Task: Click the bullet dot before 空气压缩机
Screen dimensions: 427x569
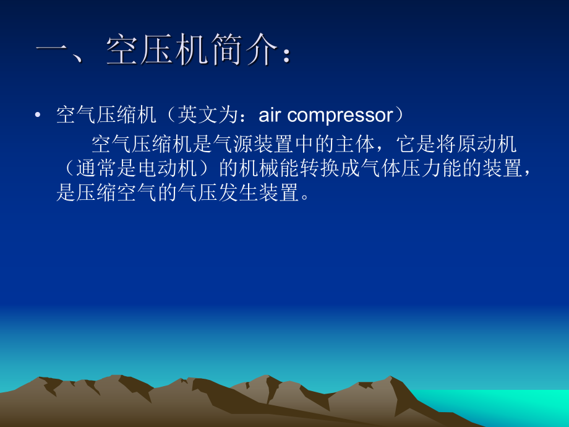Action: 38,116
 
